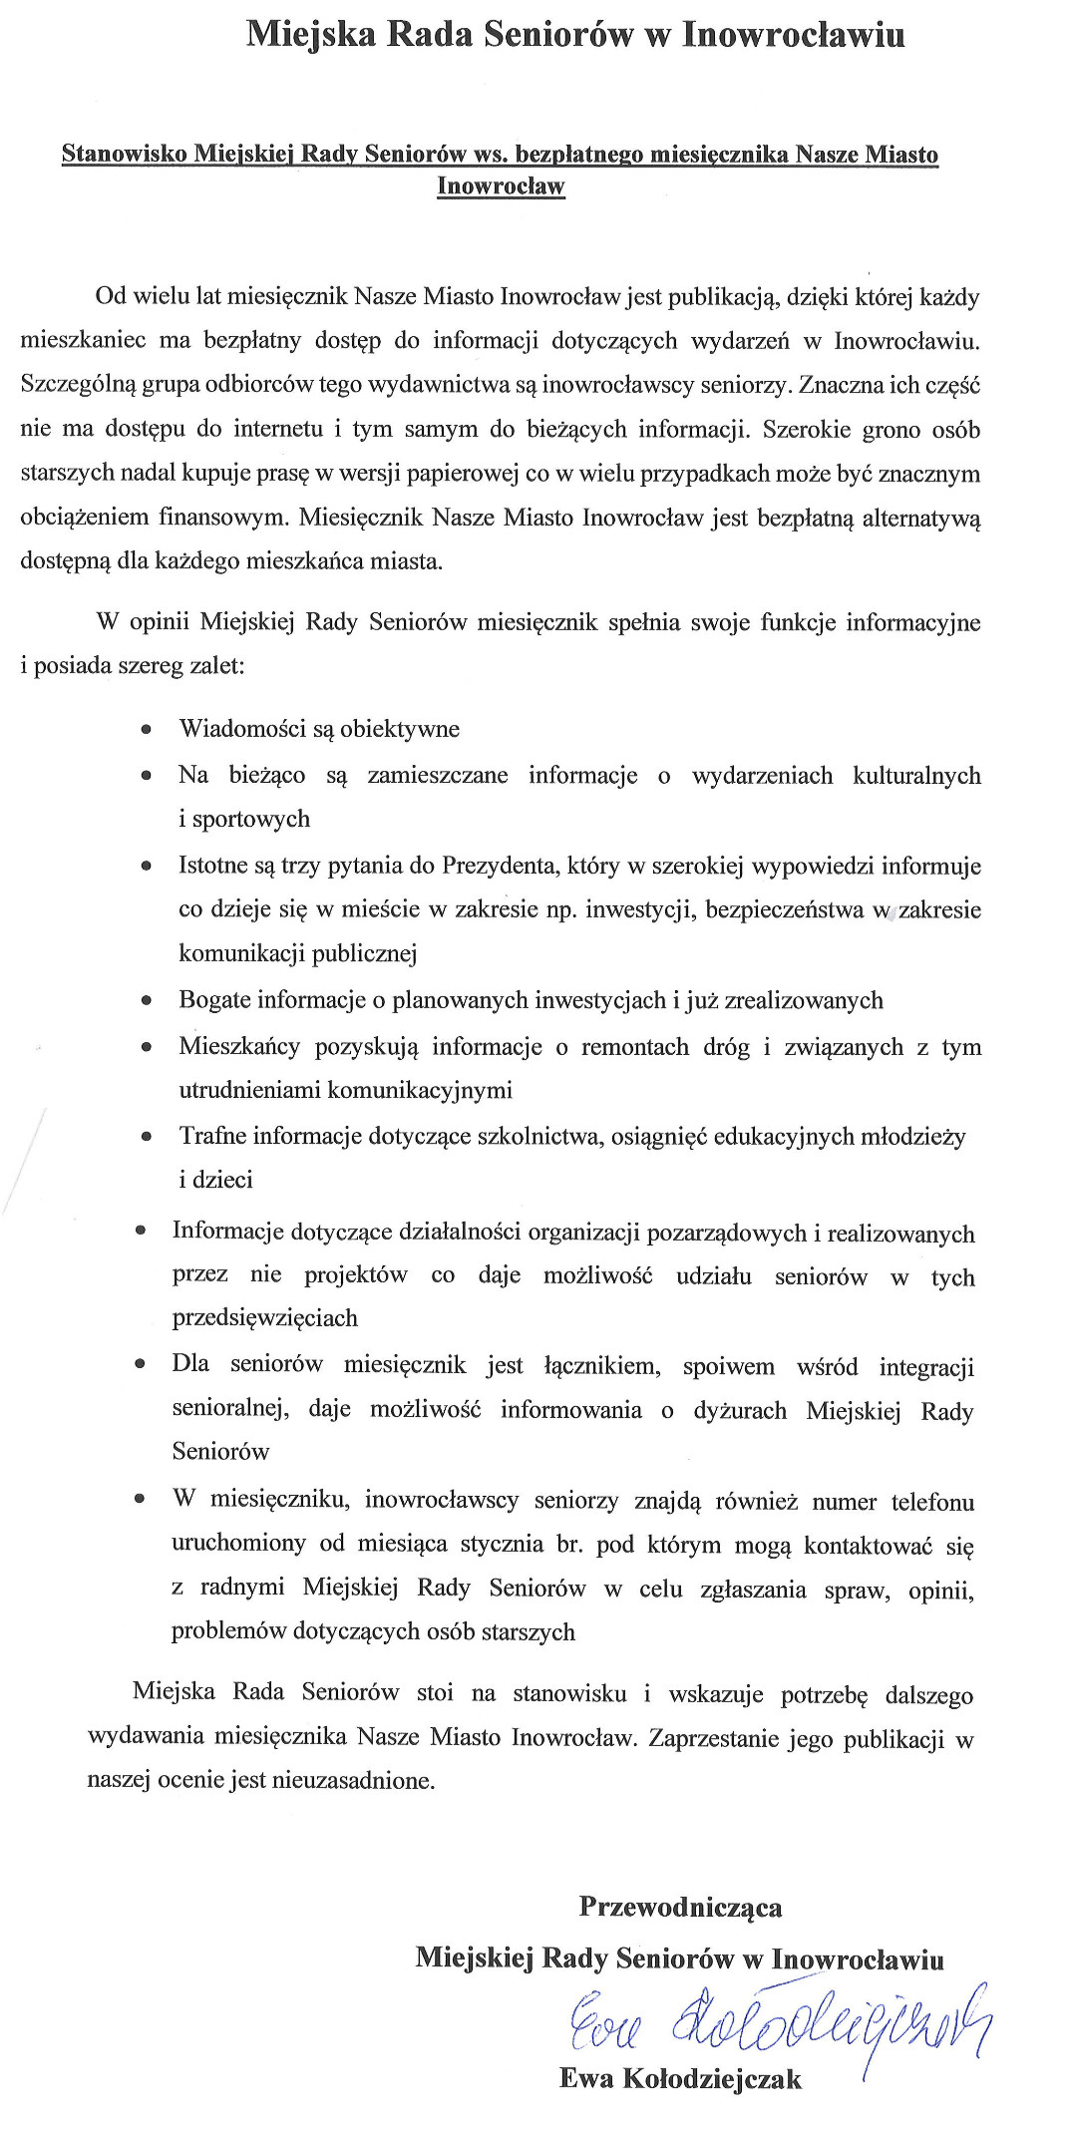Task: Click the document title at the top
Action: tap(575, 35)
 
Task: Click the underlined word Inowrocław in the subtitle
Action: tap(501, 186)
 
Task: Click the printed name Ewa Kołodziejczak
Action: tap(680, 2078)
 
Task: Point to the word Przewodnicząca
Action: tap(680, 1907)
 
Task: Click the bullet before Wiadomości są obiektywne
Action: tap(147, 729)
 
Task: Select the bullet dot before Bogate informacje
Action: tap(147, 1000)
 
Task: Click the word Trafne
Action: tap(212, 1136)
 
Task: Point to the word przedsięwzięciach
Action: tap(265, 1317)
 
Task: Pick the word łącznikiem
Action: tap(602, 1365)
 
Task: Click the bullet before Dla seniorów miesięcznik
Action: tap(140, 1364)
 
